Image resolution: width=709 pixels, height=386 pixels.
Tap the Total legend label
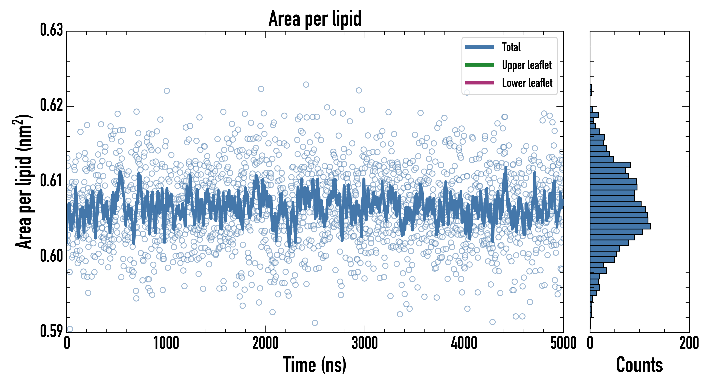point(511,47)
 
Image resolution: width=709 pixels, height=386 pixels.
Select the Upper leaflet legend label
point(527,65)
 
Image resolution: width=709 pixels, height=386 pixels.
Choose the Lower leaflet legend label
point(527,83)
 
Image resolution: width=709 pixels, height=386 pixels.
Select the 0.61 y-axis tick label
point(52,181)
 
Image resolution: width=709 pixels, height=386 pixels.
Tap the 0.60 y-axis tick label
point(52,256)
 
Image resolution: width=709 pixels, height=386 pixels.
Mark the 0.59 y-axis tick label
point(52,331)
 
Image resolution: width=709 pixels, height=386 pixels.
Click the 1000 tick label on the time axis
point(166,343)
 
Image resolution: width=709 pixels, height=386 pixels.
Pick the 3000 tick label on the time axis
point(365,343)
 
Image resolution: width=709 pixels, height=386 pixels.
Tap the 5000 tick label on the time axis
point(563,343)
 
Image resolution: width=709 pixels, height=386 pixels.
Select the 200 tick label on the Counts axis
point(689,343)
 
